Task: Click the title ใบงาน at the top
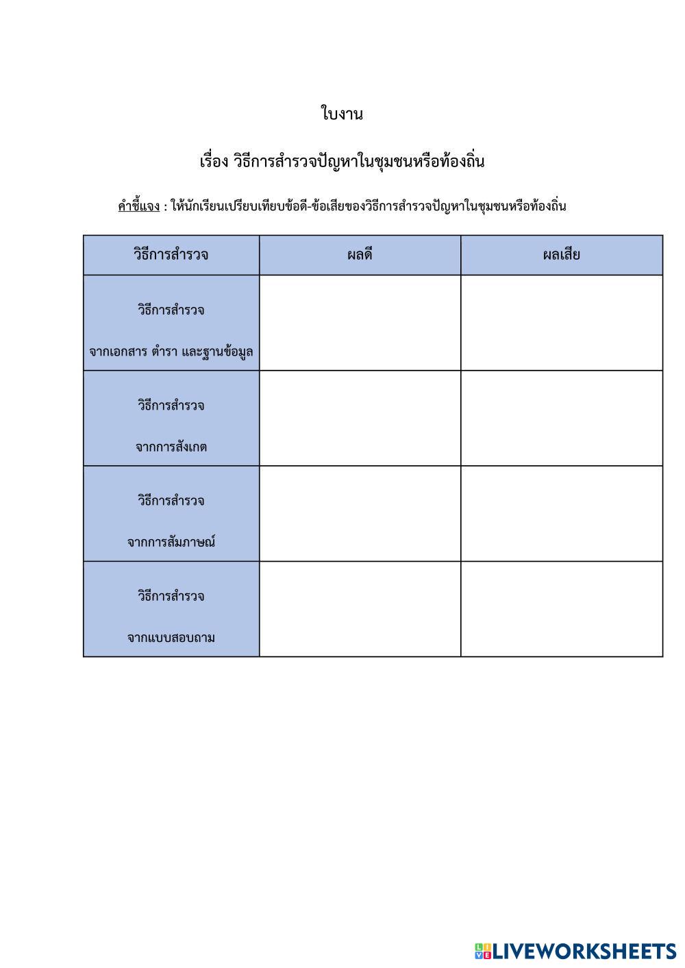click(342, 114)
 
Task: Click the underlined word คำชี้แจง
click(138, 206)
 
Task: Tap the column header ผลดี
click(360, 255)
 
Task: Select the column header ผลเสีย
click(562, 255)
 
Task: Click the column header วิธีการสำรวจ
click(171, 255)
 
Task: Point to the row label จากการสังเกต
click(171, 447)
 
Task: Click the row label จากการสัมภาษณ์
click(171, 543)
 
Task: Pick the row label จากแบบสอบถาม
click(171, 638)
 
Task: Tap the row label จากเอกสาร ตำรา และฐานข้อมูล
click(171, 352)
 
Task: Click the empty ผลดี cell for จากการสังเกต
click(360, 419)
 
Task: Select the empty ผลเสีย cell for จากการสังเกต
click(562, 419)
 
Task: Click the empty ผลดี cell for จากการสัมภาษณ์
click(360, 514)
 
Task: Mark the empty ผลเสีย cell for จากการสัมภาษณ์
click(562, 514)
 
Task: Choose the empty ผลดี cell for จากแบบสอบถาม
click(360, 609)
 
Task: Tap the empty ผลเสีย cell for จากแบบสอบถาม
click(562, 609)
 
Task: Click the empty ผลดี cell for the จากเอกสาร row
click(360, 323)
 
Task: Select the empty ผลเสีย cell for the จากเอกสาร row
click(562, 323)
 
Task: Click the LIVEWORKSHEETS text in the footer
click(584, 951)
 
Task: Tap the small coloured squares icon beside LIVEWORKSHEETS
click(483, 951)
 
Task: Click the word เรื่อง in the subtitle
click(213, 162)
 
